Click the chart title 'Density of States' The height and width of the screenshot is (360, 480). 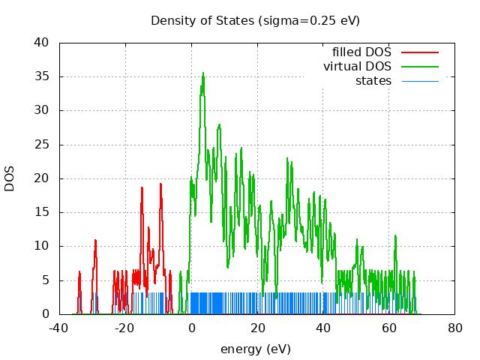pos(202,20)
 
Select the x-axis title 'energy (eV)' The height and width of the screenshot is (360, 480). pos(255,349)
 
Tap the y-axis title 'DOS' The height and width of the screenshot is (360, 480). pos(10,178)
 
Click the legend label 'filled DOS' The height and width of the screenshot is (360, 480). pos(361,52)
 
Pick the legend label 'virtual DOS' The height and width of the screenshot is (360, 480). pos(357,67)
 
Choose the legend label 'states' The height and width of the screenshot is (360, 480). pos(373,80)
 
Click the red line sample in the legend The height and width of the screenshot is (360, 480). pos(419,52)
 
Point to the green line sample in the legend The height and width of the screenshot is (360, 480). pos(419,67)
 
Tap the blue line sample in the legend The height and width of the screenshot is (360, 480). pos(419,80)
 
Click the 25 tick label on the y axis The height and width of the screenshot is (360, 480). pos(43,145)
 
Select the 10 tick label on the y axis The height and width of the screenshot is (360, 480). pos(43,246)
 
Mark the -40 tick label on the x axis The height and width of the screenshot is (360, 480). pos(59,328)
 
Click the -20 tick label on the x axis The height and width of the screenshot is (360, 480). pos(125,328)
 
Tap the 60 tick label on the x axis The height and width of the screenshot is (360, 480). pos(388,328)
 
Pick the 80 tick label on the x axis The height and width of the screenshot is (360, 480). pos(454,328)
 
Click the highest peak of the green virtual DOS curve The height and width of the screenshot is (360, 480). pos(202,73)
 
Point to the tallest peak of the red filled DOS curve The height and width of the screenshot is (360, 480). pos(160,184)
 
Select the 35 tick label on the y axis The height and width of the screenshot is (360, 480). pos(43,76)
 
